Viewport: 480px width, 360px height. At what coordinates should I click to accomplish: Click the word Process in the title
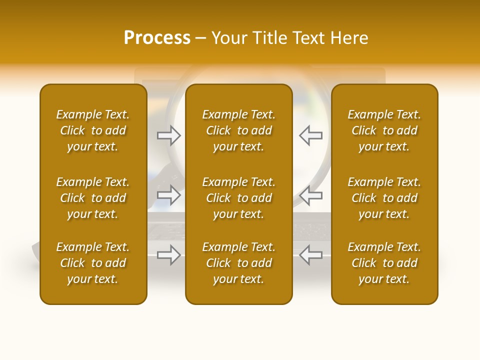157,38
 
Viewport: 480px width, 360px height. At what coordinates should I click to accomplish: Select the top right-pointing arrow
169,135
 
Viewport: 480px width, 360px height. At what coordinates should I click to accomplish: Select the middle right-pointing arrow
169,195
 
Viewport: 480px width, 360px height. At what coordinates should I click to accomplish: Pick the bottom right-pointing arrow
169,255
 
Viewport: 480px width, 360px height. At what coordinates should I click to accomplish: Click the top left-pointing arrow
310,135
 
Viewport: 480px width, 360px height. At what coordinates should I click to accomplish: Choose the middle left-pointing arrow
310,195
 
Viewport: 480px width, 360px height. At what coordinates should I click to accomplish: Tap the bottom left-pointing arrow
310,255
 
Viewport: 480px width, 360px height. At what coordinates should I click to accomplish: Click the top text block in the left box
93,130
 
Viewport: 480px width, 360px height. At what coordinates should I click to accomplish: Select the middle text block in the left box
93,198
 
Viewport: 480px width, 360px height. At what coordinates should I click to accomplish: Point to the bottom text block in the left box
93,263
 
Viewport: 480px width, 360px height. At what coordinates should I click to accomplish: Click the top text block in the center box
238,130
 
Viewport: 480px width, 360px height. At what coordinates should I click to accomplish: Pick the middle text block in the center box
238,198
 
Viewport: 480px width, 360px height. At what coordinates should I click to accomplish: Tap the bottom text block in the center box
238,263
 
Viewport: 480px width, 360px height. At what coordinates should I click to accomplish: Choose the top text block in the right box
384,130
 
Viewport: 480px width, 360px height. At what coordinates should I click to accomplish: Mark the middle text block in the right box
384,198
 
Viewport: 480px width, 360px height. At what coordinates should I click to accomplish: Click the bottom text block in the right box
384,263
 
